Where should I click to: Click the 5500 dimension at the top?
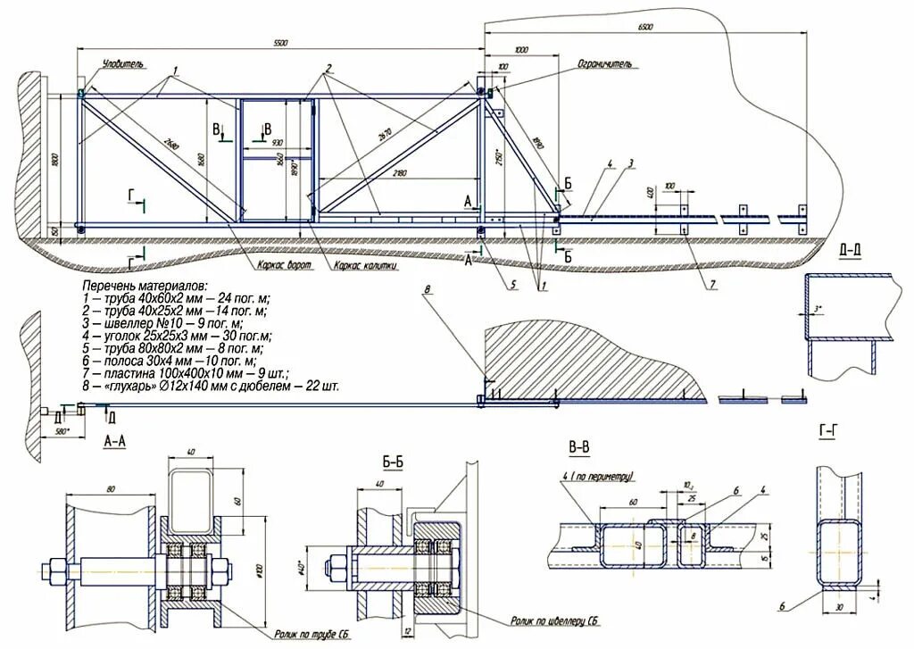click(279, 43)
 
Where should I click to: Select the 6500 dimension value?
click(645, 27)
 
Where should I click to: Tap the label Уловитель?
click(122, 65)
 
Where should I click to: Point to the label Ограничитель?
click(604, 65)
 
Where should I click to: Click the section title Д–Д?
click(851, 249)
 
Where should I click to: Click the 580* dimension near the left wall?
click(62, 431)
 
